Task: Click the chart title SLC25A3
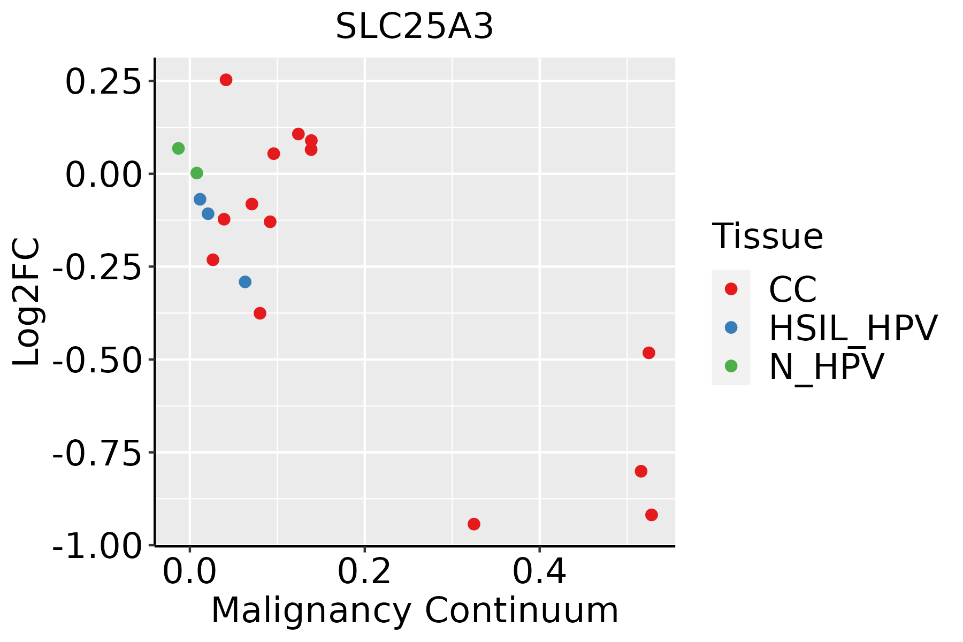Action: pos(414,27)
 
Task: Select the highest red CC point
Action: pos(226,80)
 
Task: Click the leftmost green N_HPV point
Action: pos(178,148)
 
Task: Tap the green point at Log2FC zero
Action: pos(196,173)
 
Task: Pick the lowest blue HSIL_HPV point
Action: pos(245,282)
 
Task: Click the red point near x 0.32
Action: pos(473,524)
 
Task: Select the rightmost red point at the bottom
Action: pos(651,515)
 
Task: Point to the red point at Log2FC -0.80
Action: pos(641,471)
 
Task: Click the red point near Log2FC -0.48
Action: pos(648,353)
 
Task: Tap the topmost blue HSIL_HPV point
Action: pos(200,199)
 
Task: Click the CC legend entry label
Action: pos(792,289)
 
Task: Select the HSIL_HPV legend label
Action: pos(853,328)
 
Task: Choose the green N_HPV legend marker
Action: pos(731,366)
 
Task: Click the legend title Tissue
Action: pos(767,236)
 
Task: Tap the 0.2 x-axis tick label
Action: pos(364,572)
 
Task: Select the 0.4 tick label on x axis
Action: pos(539,572)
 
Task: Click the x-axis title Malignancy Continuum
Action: pos(415,611)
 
